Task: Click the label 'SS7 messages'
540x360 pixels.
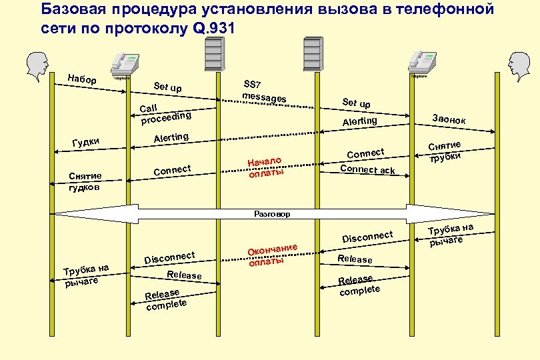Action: click(263, 92)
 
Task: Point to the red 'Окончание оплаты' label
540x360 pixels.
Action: click(271, 255)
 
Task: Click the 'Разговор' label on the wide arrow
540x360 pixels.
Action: click(273, 214)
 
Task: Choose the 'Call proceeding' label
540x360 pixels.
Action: click(165, 113)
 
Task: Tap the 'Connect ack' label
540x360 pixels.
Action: click(367, 169)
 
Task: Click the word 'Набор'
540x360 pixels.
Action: click(82, 80)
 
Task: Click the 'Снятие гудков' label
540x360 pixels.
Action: click(85, 181)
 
